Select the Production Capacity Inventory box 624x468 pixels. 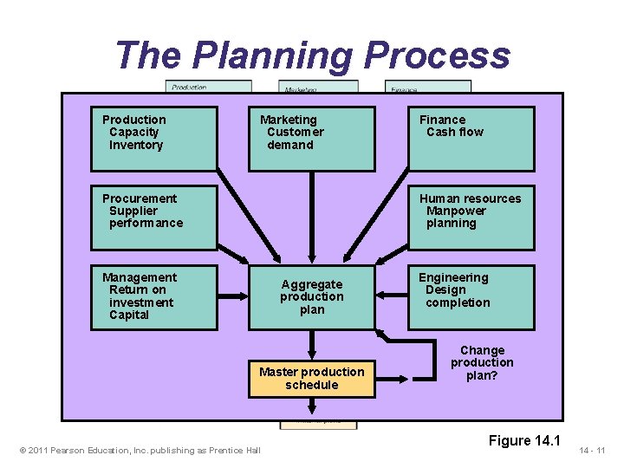coord(154,138)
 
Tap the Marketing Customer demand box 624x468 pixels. coord(312,138)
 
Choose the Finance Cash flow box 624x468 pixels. coord(471,138)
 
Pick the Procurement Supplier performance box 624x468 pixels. coord(154,218)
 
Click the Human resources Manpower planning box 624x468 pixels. coord(471,218)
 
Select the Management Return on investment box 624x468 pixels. coord(154,297)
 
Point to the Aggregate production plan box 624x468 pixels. coord(312,297)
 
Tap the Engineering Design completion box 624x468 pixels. coord(471,297)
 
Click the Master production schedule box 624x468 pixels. coord(312,379)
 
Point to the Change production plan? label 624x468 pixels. coord(482,363)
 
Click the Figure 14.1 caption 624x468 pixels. coord(524,441)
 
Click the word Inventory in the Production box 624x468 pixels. coord(136,145)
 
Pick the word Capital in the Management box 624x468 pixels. coord(129,315)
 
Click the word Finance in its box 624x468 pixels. coord(443,120)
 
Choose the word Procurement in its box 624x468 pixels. coord(140,198)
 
